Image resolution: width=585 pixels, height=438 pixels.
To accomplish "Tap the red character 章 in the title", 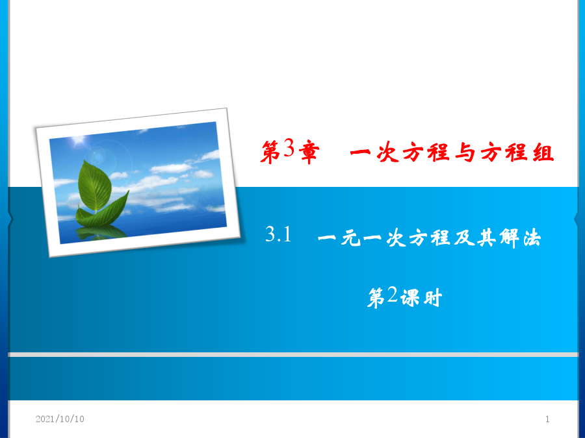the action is tap(309, 152).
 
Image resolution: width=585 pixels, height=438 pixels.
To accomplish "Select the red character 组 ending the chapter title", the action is tap(543, 152).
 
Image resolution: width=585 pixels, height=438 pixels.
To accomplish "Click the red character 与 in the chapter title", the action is tap(465, 152).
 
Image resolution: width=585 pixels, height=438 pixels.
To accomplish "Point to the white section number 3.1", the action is tap(278, 234).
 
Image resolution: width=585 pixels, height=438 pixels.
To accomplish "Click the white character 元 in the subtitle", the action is tap(351, 237).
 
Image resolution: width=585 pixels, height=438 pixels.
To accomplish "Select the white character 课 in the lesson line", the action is tap(409, 298).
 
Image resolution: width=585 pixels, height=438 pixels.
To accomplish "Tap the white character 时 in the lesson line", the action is tap(432, 298).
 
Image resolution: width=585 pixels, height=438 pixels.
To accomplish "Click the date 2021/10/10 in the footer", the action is tap(60, 419).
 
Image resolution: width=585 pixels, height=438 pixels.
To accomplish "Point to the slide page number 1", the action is tap(547, 419).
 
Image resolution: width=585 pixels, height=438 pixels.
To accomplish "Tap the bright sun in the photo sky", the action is tap(79, 141).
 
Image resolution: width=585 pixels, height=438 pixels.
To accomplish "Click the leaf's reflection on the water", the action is tap(101, 232).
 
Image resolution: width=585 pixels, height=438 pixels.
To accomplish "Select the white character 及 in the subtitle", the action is tap(464, 237).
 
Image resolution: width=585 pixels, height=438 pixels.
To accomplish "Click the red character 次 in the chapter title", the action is tap(387, 152).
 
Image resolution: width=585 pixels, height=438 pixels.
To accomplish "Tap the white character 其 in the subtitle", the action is tap(487, 237).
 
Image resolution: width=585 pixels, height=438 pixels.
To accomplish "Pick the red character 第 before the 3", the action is tap(270, 152).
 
